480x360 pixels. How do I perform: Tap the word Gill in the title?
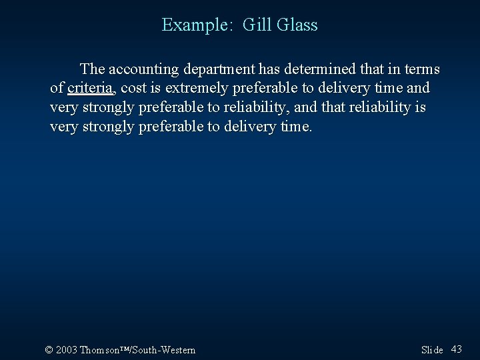coord(255,25)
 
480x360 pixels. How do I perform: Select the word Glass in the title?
coord(296,25)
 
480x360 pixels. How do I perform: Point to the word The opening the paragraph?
coord(92,69)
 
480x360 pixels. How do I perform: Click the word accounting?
coord(141,69)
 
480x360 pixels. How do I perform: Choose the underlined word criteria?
coord(91,88)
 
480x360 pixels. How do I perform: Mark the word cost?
coord(133,88)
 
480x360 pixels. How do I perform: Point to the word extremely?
coord(195,88)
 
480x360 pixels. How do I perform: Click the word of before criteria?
coord(57,88)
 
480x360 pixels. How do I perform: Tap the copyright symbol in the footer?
coord(49,350)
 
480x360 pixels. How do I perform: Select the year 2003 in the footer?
coord(67,350)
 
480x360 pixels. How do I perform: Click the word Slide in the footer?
coord(432,350)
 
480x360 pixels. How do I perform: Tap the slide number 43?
coord(457,349)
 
